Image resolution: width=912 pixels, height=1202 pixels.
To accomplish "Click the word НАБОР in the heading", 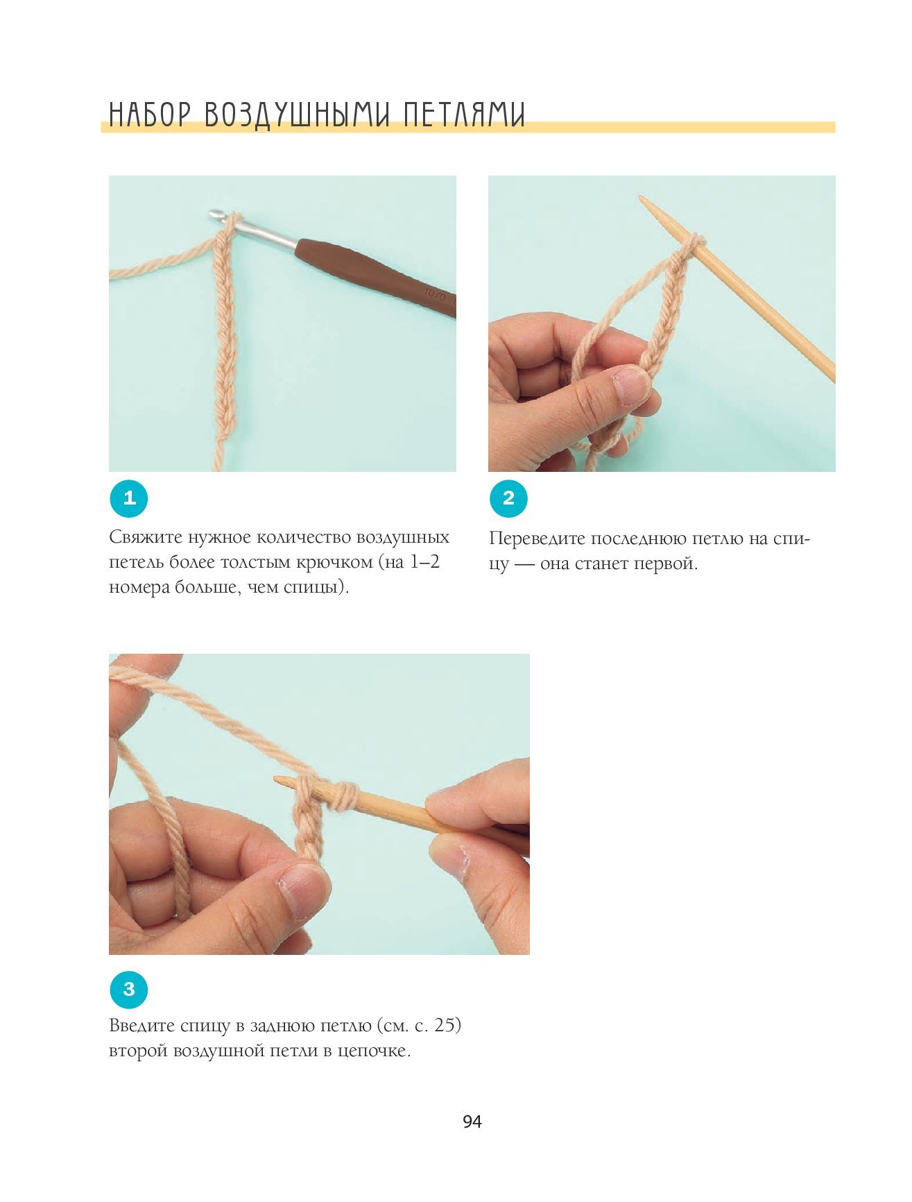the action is click(149, 115).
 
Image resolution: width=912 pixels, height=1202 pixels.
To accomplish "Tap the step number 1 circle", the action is click(129, 498).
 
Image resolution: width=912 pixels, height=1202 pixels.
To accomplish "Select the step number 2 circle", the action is click(508, 498).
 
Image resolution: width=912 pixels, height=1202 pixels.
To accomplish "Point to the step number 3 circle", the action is click(129, 989).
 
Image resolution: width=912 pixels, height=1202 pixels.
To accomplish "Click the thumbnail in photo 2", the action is click(632, 386).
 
